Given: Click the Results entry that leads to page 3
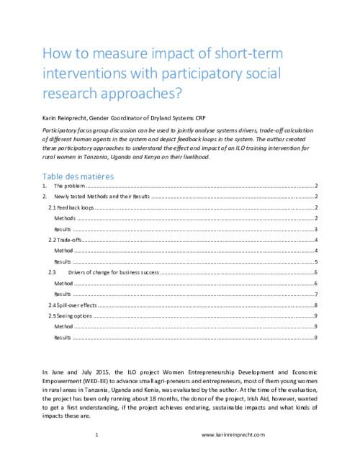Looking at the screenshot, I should pos(63,228).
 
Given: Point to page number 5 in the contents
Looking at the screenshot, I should pos(316,262).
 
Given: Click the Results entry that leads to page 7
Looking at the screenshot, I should pos(63,295).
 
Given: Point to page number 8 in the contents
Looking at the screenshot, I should pos(316,305).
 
